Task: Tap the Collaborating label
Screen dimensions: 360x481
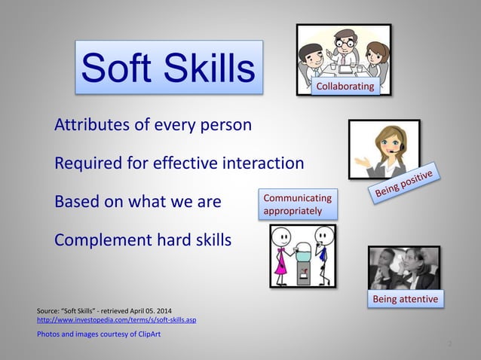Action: [345, 87]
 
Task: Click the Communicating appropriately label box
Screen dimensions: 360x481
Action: [298, 204]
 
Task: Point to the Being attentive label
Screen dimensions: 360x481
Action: [406, 301]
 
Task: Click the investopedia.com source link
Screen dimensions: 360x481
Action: [116, 320]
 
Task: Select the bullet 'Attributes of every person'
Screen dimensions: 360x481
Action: [153, 125]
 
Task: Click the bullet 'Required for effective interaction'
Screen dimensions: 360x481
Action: [179, 163]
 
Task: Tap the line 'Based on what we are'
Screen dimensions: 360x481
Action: [138, 203]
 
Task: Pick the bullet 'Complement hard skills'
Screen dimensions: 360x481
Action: [143, 241]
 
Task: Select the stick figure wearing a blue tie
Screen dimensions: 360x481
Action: [323, 254]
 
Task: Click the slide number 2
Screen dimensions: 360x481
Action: [449, 344]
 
